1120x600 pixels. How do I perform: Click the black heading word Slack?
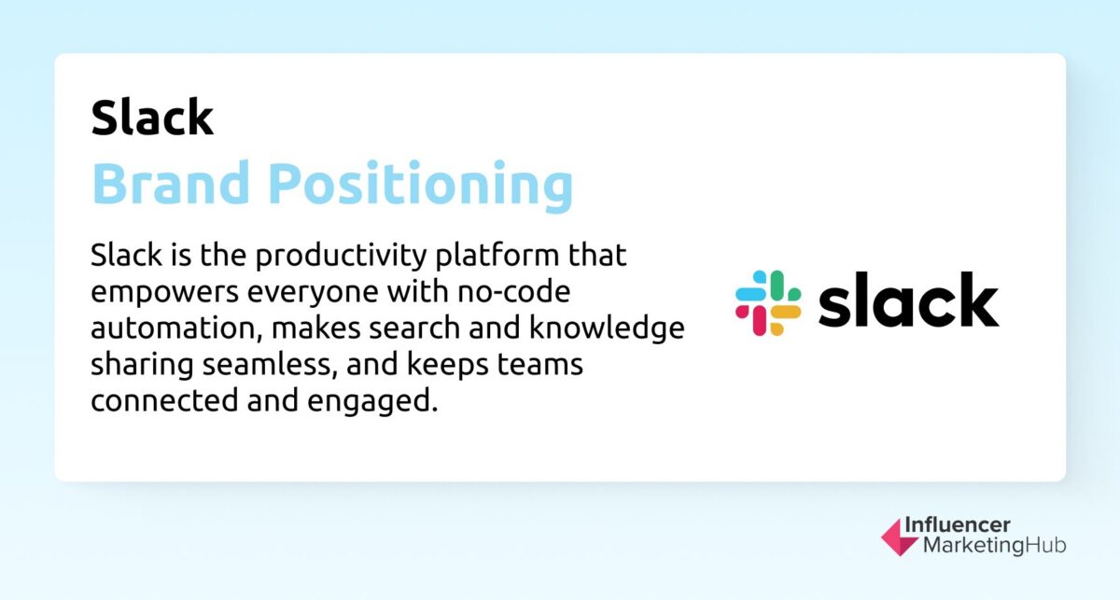point(152,118)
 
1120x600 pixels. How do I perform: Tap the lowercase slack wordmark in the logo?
point(908,300)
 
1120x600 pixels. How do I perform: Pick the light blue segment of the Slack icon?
point(752,286)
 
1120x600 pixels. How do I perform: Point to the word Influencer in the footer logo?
point(958,525)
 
